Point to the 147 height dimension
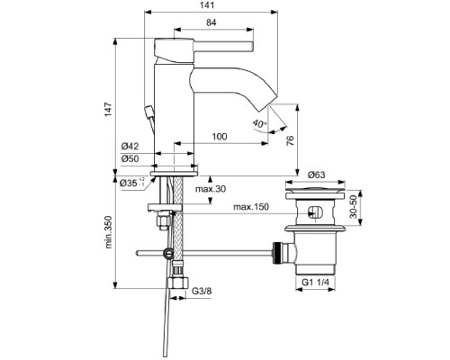[x=106, y=107]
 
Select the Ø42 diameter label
[x=131, y=146]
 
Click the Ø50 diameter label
[x=131, y=158]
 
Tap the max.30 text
[x=211, y=189]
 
